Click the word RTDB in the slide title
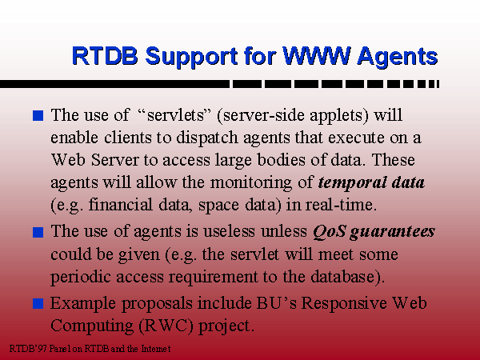pyautogui.click(x=105, y=56)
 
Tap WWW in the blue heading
pyautogui.click(x=317, y=56)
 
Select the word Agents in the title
pyautogui.click(x=398, y=58)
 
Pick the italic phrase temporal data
pyautogui.click(x=371, y=182)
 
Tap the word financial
pyautogui.click(x=120, y=205)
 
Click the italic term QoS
pyautogui.click(x=330, y=232)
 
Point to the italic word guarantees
pyautogui.click(x=393, y=232)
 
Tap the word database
pyautogui.click(x=342, y=277)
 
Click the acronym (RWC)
pyautogui.click(x=166, y=326)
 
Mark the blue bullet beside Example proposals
pyautogui.click(x=38, y=304)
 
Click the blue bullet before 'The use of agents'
pyautogui.click(x=38, y=232)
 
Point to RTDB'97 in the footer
pyautogui.click(x=28, y=349)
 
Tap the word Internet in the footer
pyautogui.click(x=155, y=349)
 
